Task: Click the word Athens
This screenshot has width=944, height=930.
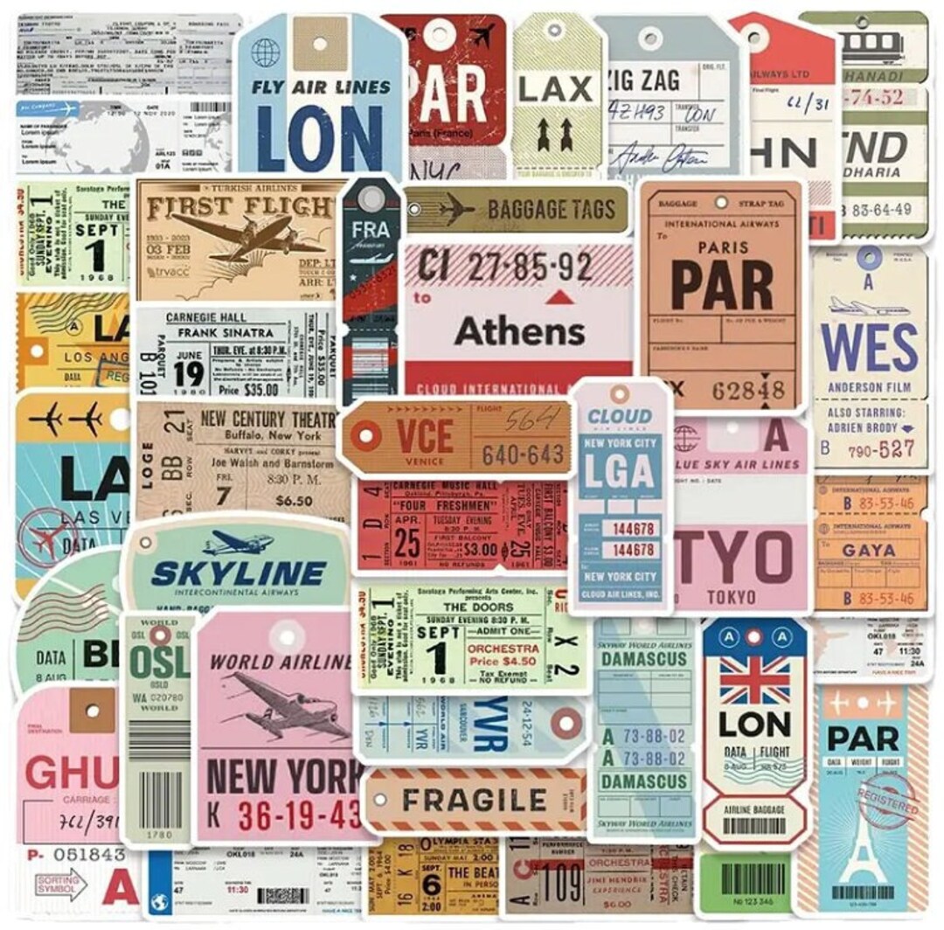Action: click(x=519, y=332)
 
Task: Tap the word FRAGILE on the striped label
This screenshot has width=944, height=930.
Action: click(x=474, y=800)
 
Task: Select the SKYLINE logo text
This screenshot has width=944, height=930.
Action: click(x=238, y=573)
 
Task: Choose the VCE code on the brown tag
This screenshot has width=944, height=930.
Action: click(x=425, y=434)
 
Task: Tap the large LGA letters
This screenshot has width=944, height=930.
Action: click(x=620, y=472)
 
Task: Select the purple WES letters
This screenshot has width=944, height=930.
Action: click(x=869, y=347)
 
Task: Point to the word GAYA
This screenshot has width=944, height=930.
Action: click(x=868, y=551)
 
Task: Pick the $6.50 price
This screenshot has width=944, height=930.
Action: click(x=294, y=501)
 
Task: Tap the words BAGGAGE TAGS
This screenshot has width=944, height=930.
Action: click(x=551, y=209)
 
